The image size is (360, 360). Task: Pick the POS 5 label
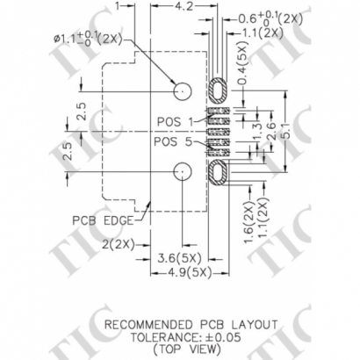[x=172, y=140]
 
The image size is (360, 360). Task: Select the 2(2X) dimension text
[x=119, y=242]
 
